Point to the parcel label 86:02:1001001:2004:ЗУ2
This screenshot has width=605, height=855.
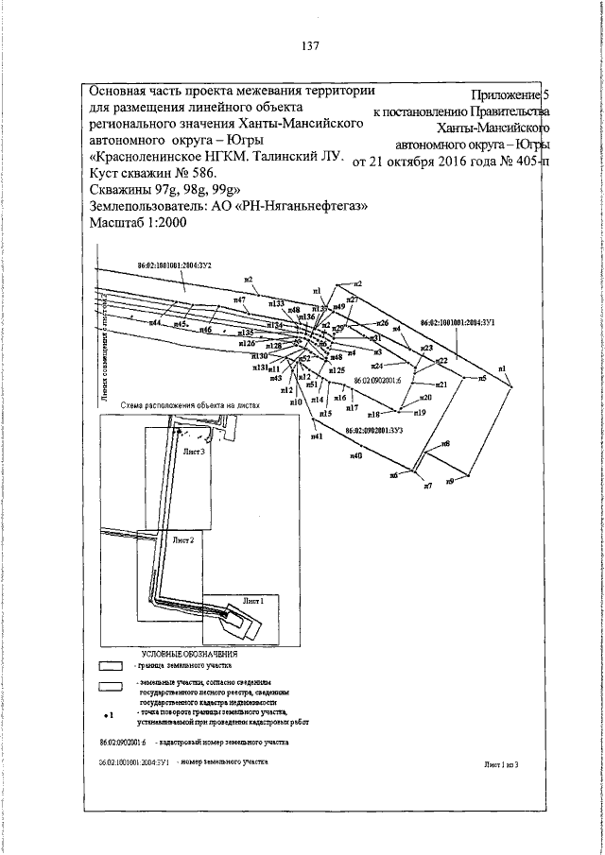tap(174, 267)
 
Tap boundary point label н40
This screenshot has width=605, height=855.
tap(356, 456)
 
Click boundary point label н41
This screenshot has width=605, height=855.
tap(317, 436)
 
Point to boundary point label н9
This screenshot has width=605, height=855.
tap(450, 482)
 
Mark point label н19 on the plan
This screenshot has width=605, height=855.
tap(420, 413)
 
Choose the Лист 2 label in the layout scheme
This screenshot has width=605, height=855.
tap(183, 539)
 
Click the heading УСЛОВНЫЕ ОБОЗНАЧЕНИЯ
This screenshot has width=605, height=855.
tap(189, 653)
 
